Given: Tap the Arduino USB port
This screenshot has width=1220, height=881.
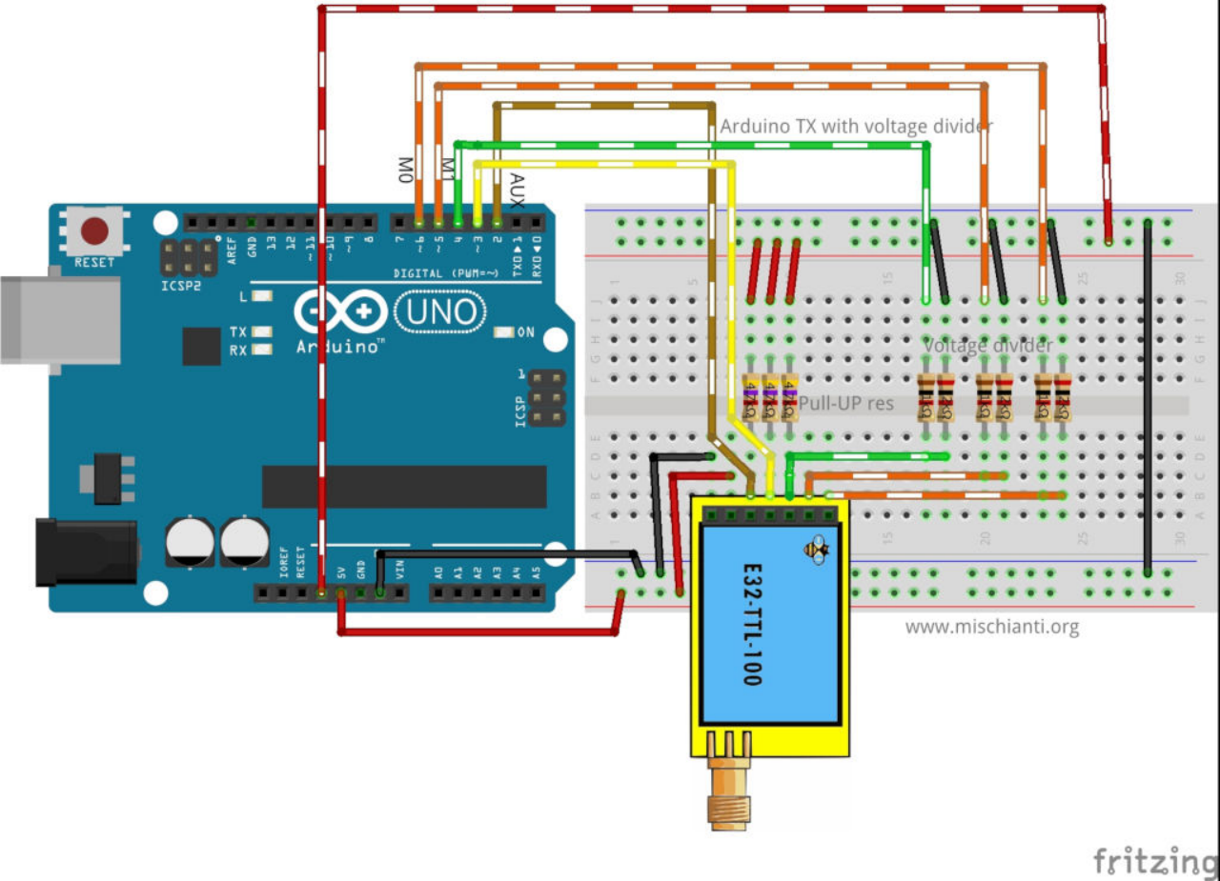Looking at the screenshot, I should coord(57,320).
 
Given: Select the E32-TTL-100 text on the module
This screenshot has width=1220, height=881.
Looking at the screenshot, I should coord(752,624).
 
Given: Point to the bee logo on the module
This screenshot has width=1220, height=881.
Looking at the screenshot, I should coord(817,550).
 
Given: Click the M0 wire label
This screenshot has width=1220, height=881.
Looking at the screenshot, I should coord(405,170).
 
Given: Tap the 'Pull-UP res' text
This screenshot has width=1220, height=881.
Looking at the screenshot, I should coord(846,404).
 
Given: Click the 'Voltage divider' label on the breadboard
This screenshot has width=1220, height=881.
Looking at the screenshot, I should coord(987,346).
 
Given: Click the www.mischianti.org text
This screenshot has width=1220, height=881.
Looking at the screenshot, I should coord(991,627).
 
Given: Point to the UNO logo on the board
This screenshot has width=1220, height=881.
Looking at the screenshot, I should coord(439,311).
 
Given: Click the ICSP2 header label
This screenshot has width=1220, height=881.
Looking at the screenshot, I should coord(181,284).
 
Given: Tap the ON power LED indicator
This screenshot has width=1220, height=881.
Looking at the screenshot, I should coord(504,332).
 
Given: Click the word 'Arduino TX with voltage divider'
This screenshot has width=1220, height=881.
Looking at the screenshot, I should coord(856,126).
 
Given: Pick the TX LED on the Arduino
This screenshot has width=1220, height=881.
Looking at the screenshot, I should coord(258,332).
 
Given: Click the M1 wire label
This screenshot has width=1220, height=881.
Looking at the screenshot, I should coord(446,168).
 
